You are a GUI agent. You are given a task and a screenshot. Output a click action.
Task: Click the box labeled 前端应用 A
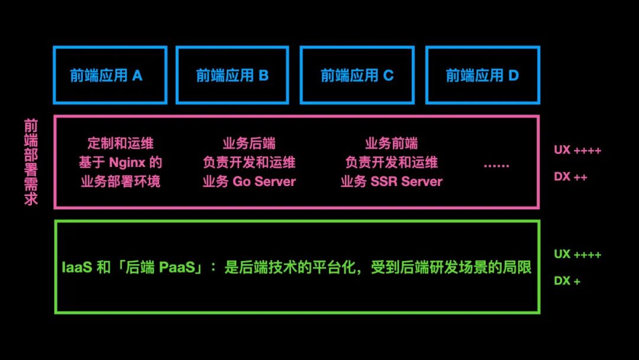pos(110,75)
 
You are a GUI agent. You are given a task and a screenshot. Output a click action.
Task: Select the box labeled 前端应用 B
pos(233,75)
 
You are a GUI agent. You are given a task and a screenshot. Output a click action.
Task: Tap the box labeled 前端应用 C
pos(357,75)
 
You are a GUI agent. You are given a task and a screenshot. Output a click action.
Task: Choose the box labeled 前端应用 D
pos(482,75)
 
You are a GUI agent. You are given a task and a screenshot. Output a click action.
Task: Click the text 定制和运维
pos(120,143)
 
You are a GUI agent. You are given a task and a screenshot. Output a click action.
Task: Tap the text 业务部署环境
pos(120,181)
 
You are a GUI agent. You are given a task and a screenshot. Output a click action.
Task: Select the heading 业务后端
pos(248,143)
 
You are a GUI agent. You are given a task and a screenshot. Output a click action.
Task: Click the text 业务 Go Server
pos(248,181)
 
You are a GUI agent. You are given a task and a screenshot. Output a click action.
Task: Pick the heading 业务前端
pos(391,143)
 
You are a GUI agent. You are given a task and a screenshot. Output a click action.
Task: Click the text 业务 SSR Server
pos(391,181)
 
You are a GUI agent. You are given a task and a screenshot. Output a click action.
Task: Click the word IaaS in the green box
pos(76,268)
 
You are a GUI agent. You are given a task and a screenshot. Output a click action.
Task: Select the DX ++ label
pos(570,177)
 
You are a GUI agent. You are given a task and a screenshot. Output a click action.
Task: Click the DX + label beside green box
pos(567,281)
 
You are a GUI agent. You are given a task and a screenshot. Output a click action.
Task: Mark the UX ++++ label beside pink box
pos(577,150)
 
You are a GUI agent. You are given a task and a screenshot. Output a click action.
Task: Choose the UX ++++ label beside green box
pos(577,255)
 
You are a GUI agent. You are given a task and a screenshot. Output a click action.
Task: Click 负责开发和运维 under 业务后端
pos(248,162)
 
